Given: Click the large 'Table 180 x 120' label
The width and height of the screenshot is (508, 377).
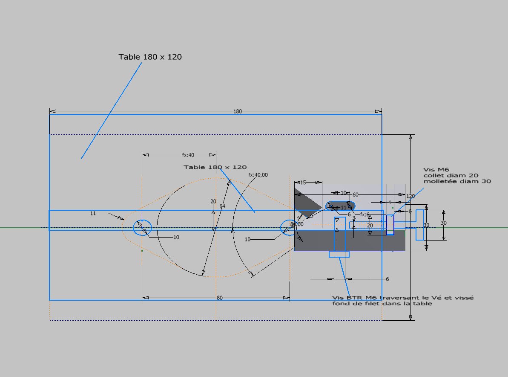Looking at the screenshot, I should pos(150,57).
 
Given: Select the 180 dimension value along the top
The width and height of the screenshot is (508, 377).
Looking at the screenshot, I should pos(238,111).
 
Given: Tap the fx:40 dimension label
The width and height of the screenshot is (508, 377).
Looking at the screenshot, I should pos(188,155).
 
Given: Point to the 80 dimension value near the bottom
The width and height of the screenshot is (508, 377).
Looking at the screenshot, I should pos(220,298).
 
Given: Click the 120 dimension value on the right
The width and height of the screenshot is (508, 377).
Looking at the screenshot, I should pos(410,196).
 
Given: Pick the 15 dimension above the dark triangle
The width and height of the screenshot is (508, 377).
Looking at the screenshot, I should pos(303,183).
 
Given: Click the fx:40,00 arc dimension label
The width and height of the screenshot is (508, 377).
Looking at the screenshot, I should pos(258,175).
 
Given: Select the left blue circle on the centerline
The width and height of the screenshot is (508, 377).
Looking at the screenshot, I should pos(142,227).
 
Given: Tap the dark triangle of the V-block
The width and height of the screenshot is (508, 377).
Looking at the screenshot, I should pos(304,200).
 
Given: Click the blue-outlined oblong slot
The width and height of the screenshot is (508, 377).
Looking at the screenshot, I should pos(340,206).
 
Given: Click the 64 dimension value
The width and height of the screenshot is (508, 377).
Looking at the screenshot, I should pos(222,206).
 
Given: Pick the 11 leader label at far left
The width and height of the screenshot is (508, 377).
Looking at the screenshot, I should pos(93,213).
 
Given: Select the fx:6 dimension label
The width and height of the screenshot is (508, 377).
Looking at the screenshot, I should pos(365,214).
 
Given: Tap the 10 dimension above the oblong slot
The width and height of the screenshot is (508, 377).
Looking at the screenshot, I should pos(344,193).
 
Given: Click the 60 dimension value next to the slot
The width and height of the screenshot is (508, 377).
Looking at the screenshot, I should pos(355,194).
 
